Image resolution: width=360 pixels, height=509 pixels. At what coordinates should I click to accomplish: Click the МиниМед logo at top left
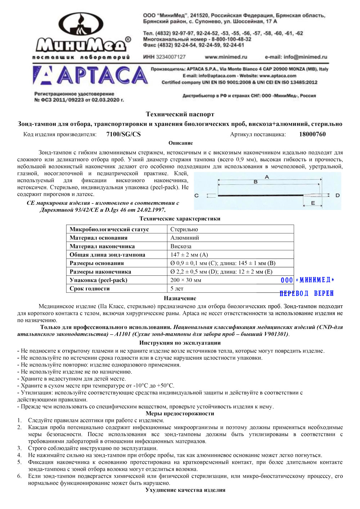coord(82,36)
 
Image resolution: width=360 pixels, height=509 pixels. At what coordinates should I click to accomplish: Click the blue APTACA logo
coord(90,76)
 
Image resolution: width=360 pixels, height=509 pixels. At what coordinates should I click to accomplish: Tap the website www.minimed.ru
coord(226,57)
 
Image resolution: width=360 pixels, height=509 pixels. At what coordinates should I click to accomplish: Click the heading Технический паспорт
coord(180,114)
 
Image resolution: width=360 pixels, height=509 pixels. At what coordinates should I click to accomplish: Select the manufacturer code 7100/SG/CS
coord(123,134)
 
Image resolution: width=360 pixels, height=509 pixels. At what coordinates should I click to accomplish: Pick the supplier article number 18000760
coord(312,134)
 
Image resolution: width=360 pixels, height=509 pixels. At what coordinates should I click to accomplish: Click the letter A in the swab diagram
coord(267,177)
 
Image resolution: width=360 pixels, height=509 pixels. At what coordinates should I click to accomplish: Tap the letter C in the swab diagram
coord(197,195)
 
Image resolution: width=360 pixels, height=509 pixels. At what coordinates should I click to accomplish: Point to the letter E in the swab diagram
coord(313,203)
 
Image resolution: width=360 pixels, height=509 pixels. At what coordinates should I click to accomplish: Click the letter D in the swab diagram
coord(337,195)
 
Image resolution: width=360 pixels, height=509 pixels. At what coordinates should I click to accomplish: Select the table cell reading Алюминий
coord(185,238)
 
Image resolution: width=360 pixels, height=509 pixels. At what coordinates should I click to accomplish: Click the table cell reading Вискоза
coord(181,246)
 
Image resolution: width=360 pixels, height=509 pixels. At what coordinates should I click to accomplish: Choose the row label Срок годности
coord(90,288)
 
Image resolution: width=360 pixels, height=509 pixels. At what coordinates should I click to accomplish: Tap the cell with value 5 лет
coord(177,288)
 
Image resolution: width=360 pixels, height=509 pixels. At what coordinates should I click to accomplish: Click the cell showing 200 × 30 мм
coord(186,280)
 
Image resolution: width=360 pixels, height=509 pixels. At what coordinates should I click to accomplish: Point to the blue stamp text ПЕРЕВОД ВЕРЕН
coord(307,293)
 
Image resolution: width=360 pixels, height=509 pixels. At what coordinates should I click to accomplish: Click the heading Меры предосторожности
coord(180,414)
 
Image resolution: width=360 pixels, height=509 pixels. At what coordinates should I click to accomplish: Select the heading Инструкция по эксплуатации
coord(180,343)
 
